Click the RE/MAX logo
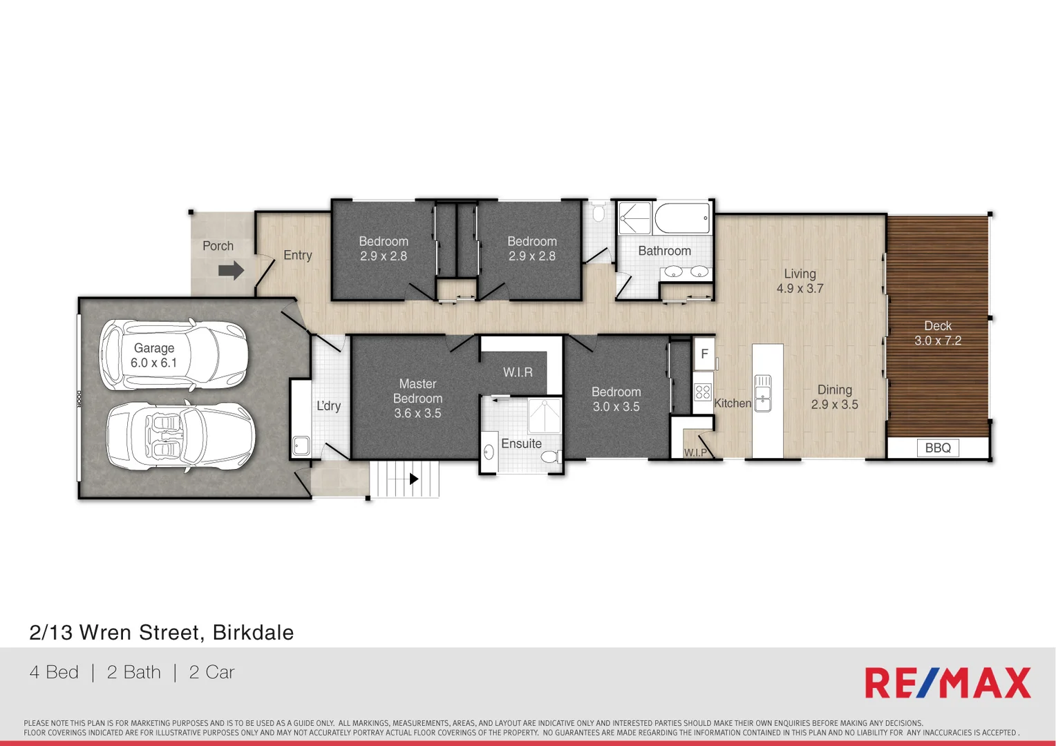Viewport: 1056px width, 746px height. (x=947, y=682)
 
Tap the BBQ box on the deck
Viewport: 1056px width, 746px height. (x=937, y=448)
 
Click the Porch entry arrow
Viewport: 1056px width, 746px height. (x=231, y=270)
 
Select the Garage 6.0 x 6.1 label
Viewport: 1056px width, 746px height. (x=154, y=356)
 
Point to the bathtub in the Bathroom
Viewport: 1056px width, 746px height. (x=682, y=218)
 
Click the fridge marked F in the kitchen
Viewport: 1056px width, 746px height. (x=704, y=354)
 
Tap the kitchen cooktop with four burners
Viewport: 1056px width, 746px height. (x=703, y=392)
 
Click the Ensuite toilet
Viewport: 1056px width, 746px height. (x=551, y=457)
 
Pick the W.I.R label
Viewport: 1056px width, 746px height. (x=518, y=372)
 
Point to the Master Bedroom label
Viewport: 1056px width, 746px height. (x=417, y=399)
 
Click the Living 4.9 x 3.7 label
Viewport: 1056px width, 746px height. (x=800, y=281)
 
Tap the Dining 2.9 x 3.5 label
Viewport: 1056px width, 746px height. (x=834, y=397)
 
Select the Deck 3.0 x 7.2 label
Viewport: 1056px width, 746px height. (x=938, y=333)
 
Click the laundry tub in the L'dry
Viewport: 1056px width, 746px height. (x=301, y=445)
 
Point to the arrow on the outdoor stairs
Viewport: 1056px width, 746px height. (x=413, y=479)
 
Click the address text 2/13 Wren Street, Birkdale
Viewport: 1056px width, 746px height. (x=162, y=632)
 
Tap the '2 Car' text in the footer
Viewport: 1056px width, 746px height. (x=211, y=672)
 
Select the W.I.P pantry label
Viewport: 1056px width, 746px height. (x=695, y=452)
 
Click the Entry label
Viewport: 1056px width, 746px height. (x=298, y=255)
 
